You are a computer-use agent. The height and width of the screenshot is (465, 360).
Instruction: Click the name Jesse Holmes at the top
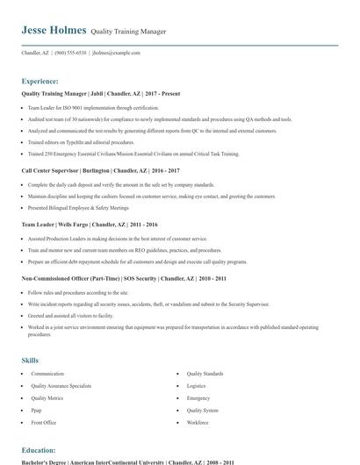54,30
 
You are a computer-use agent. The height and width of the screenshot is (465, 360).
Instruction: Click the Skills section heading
30,360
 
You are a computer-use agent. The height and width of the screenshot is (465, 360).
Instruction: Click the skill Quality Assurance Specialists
61,385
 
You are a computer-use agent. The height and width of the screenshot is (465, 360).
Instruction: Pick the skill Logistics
196,385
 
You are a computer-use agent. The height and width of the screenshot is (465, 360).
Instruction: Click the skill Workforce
198,422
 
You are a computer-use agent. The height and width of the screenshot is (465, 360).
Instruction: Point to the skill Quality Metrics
47,397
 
